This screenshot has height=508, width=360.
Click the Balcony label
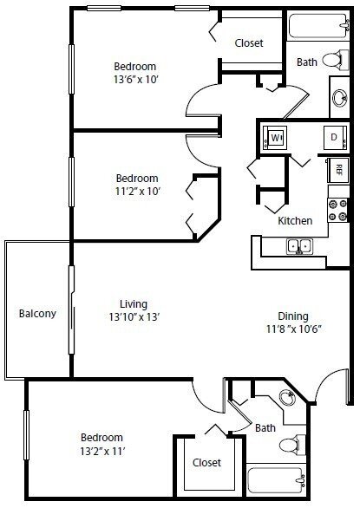coord(37,314)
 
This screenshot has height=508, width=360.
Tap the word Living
coord(133,303)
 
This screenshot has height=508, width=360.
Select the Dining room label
coord(292,316)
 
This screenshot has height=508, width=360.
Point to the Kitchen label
coord(294,221)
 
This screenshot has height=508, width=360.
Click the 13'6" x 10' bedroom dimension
coord(135,80)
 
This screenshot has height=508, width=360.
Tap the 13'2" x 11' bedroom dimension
coord(101,451)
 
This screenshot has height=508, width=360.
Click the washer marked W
coord(277,138)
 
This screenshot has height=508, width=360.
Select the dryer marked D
coord(331,138)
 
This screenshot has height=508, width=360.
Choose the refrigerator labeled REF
coord(337,169)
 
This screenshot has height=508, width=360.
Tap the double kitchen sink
coord(299,246)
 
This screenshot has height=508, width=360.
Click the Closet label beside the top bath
coord(248,43)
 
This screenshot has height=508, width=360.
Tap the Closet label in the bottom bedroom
coord(206,462)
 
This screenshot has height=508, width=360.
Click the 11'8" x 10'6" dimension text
coord(292,329)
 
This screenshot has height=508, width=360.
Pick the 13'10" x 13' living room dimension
coord(133,316)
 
